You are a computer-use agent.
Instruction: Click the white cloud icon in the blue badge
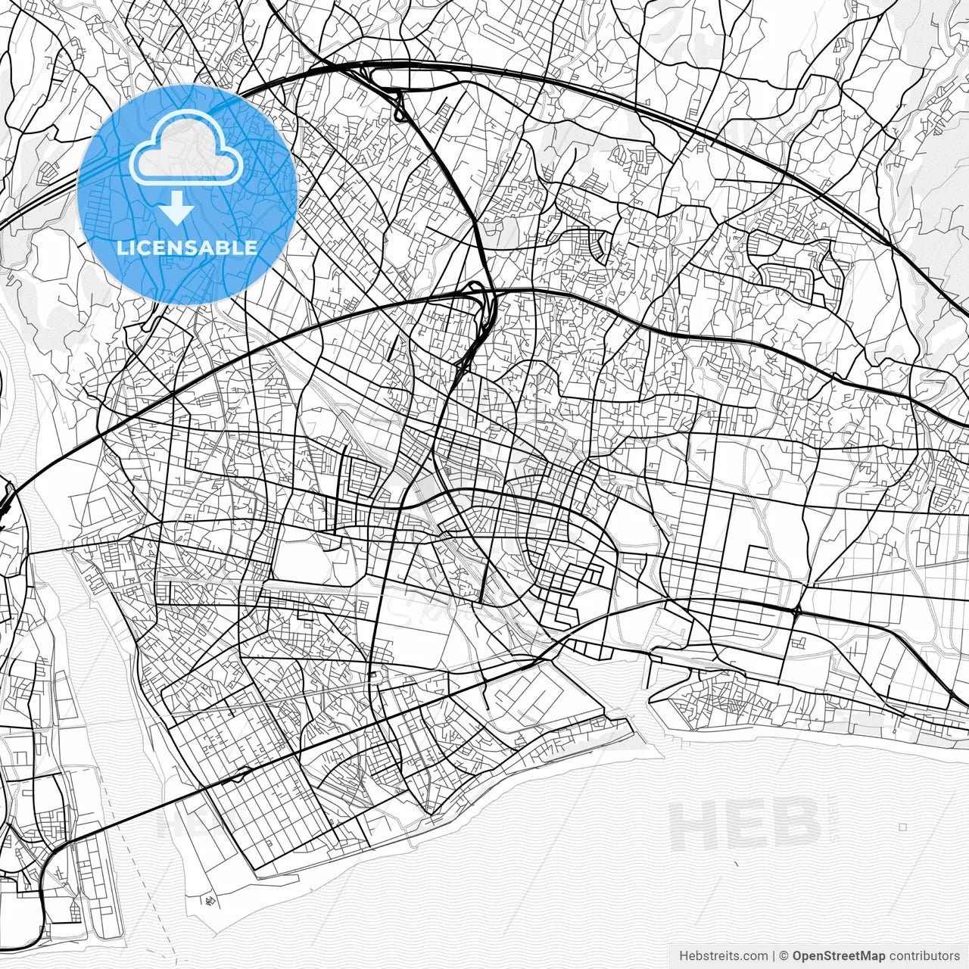(x=186, y=148)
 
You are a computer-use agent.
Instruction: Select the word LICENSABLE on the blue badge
(x=187, y=248)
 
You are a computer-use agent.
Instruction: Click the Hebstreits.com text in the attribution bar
(x=723, y=956)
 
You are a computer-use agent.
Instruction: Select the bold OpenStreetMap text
(x=839, y=956)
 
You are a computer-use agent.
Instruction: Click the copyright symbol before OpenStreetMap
(x=784, y=956)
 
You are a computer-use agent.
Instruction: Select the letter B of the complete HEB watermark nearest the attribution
(x=795, y=824)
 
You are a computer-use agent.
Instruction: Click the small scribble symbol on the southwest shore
(x=208, y=901)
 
